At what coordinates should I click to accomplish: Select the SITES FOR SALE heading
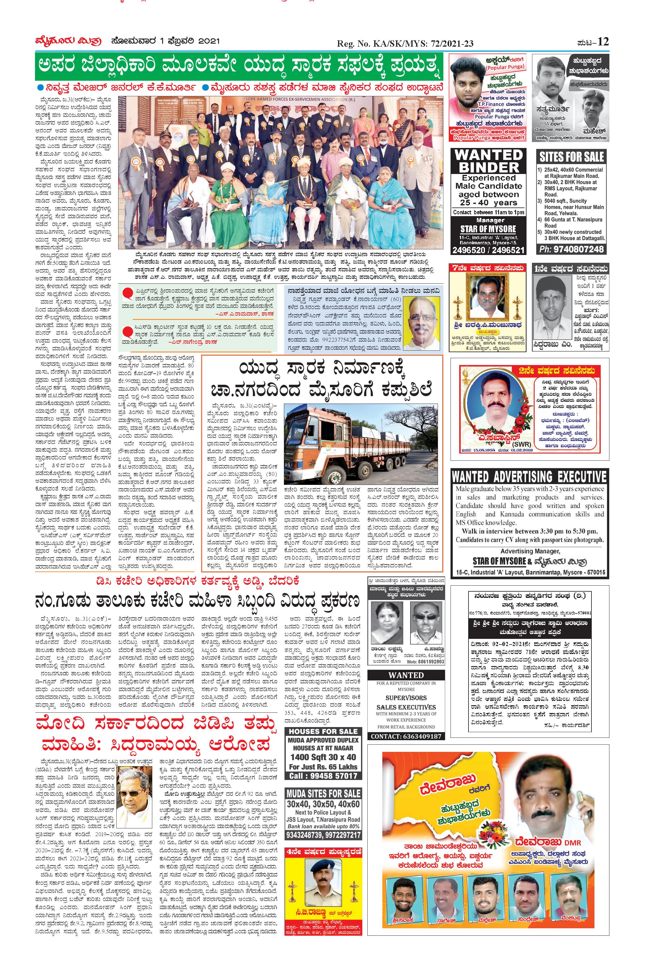point(571,157)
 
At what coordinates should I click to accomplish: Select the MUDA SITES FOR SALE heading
point(323,793)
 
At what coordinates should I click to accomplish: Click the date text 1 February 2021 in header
point(165,41)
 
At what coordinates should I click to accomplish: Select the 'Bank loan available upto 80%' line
point(323,826)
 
